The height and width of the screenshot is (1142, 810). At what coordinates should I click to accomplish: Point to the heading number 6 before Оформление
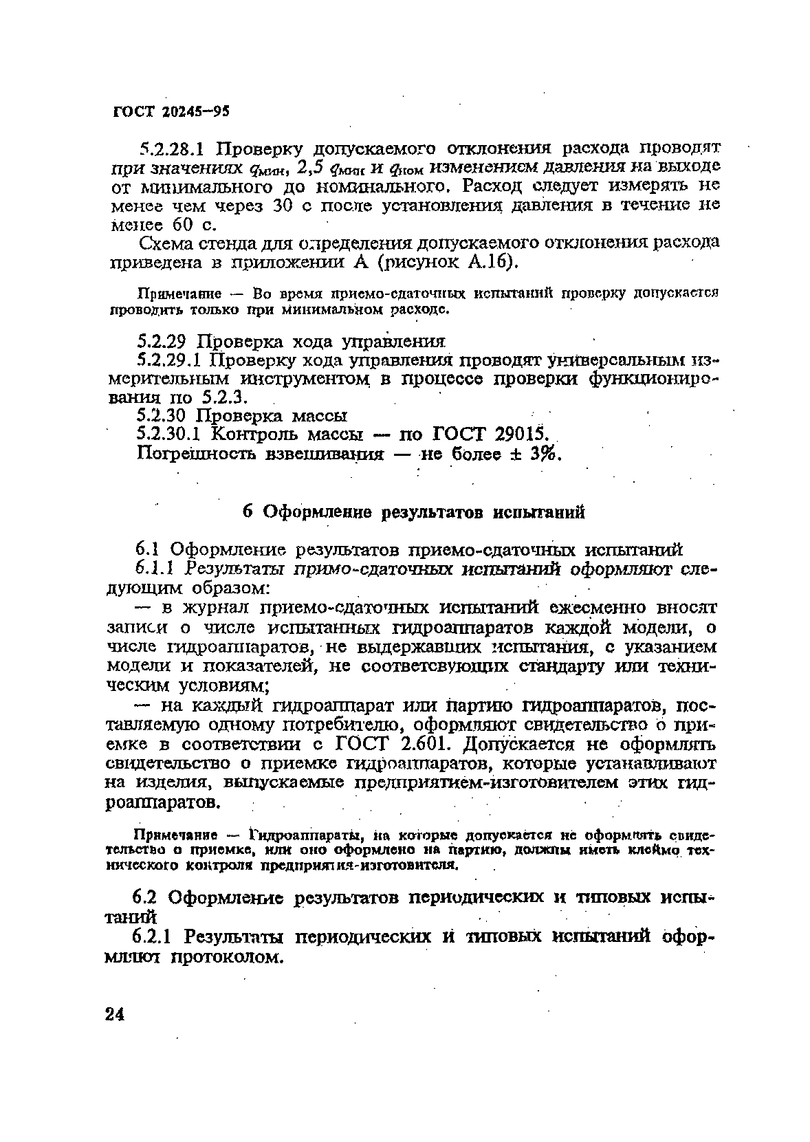(x=250, y=512)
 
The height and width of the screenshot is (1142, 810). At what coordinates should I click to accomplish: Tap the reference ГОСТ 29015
(x=489, y=434)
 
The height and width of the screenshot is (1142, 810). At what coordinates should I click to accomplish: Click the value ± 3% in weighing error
(x=539, y=454)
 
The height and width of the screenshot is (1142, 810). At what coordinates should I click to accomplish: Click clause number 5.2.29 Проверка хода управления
(x=164, y=342)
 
